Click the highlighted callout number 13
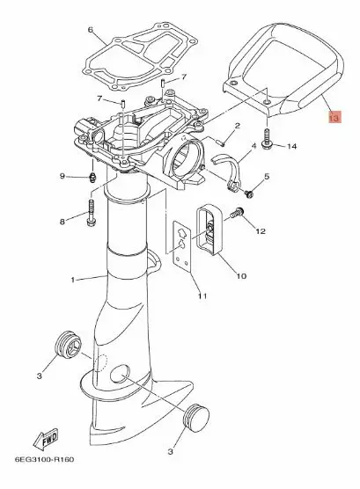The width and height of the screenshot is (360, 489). (334, 118)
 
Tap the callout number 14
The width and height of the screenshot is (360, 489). (291, 146)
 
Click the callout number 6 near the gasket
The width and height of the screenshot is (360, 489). (91, 30)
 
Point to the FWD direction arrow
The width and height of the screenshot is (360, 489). (46, 439)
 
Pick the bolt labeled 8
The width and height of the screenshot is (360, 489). (92, 212)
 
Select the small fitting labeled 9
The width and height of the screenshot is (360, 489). (92, 178)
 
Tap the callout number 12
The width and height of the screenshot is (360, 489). (261, 230)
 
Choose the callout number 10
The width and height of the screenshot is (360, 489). (241, 275)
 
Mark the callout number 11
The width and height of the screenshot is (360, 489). (202, 296)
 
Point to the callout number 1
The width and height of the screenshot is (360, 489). (73, 280)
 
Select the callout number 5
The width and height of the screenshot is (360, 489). (267, 177)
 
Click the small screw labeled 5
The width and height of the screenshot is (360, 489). (249, 194)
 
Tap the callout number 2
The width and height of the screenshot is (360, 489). (238, 126)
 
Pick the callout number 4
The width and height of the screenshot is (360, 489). (253, 146)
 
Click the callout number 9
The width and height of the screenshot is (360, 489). (62, 176)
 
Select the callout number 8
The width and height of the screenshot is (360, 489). (62, 222)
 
